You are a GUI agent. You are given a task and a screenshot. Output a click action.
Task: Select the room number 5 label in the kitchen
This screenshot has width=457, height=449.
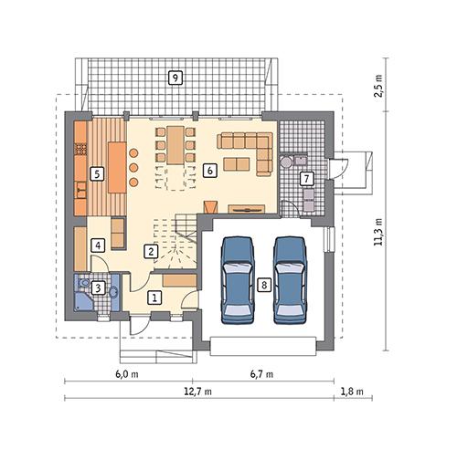(x=96, y=172)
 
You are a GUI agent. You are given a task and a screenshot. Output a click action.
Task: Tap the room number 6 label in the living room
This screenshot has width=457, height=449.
(x=209, y=170)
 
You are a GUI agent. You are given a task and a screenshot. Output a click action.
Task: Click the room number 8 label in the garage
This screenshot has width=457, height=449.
(x=263, y=285)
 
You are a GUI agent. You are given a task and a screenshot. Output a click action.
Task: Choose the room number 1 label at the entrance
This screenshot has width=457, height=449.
(x=155, y=298)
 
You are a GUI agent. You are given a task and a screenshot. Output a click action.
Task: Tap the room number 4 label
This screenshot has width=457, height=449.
(x=97, y=245)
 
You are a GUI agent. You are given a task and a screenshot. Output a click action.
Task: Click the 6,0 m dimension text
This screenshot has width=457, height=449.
(x=126, y=374)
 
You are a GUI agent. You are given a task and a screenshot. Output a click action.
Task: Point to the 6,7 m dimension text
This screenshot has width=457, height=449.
(x=261, y=374)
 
